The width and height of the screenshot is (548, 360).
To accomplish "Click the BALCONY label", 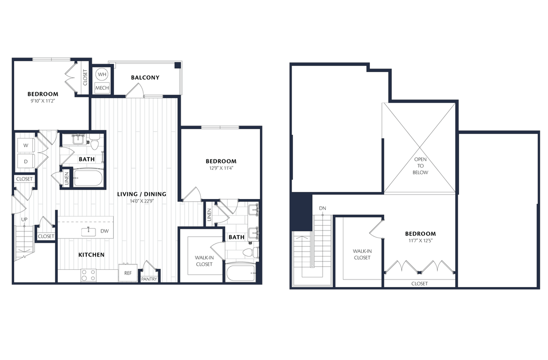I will pyautogui.click(x=145, y=77).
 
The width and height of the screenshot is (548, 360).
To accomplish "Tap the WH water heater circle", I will pyautogui.click(x=102, y=74).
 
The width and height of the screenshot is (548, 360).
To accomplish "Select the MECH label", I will pyautogui.click(x=102, y=88).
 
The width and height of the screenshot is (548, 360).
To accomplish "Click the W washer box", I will pyautogui.click(x=26, y=146).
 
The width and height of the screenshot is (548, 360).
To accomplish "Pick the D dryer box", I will pyautogui.click(x=26, y=161).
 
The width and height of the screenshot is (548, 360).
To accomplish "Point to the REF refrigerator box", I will pyautogui.click(x=128, y=273).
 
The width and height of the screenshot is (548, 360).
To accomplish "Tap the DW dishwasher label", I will pyautogui.click(x=104, y=231).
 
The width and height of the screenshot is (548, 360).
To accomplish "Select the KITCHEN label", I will pyautogui.click(x=91, y=255).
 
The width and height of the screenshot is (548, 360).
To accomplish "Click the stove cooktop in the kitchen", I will pyautogui.click(x=88, y=275).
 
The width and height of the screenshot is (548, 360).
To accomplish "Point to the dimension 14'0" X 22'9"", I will pyautogui.click(x=141, y=201).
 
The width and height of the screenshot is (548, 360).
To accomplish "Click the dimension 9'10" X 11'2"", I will pyautogui.click(x=42, y=101).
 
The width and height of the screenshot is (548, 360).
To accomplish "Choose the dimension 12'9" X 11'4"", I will pyautogui.click(x=221, y=168).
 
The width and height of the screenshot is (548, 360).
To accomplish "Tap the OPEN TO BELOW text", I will pyautogui.click(x=420, y=166).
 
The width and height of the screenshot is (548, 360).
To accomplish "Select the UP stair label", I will pyautogui.click(x=24, y=219).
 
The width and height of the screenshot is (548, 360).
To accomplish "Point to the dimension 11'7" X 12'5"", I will pyautogui.click(x=420, y=241).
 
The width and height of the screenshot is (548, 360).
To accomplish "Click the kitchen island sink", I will pyautogui.click(x=89, y=230).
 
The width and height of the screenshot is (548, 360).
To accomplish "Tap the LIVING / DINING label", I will pyautogui.click(x=141, y=194).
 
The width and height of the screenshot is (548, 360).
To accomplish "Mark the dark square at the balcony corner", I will pyautogui.click(x=177, y=65).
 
